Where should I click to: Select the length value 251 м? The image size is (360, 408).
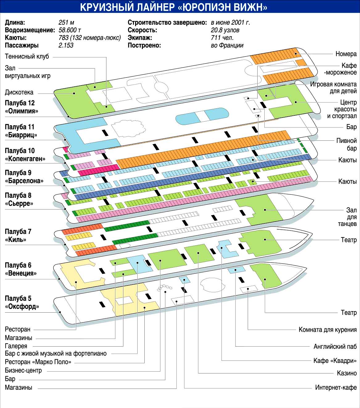tap(66, 23)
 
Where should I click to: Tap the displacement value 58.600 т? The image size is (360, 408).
tap(70, 30)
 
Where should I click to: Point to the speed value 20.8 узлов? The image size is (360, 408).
tap(225, 30)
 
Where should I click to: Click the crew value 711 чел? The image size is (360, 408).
tap(222, 38)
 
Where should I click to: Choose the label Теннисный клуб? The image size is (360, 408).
tap(27, 56)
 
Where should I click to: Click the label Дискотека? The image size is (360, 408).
tap(19, 92)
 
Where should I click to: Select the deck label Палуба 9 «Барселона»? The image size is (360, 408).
tap(24, 177)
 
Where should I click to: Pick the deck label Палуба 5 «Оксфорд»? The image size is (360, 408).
tap(22, 302)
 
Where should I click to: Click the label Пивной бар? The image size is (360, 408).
tap(346, 144)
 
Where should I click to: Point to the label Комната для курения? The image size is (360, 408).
tap(327, 330)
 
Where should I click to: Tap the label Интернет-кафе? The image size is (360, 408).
tap(336, 388)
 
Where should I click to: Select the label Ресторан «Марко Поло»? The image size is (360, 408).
tap(38, 362)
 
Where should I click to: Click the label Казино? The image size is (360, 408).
tap(347, 373)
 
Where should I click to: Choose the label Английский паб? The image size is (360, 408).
tap(335, 346)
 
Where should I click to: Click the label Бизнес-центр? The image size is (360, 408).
tap(23, 370)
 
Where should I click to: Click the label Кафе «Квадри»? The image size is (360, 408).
tap(335, 360)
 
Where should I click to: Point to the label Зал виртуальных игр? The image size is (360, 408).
tap(27, 72)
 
